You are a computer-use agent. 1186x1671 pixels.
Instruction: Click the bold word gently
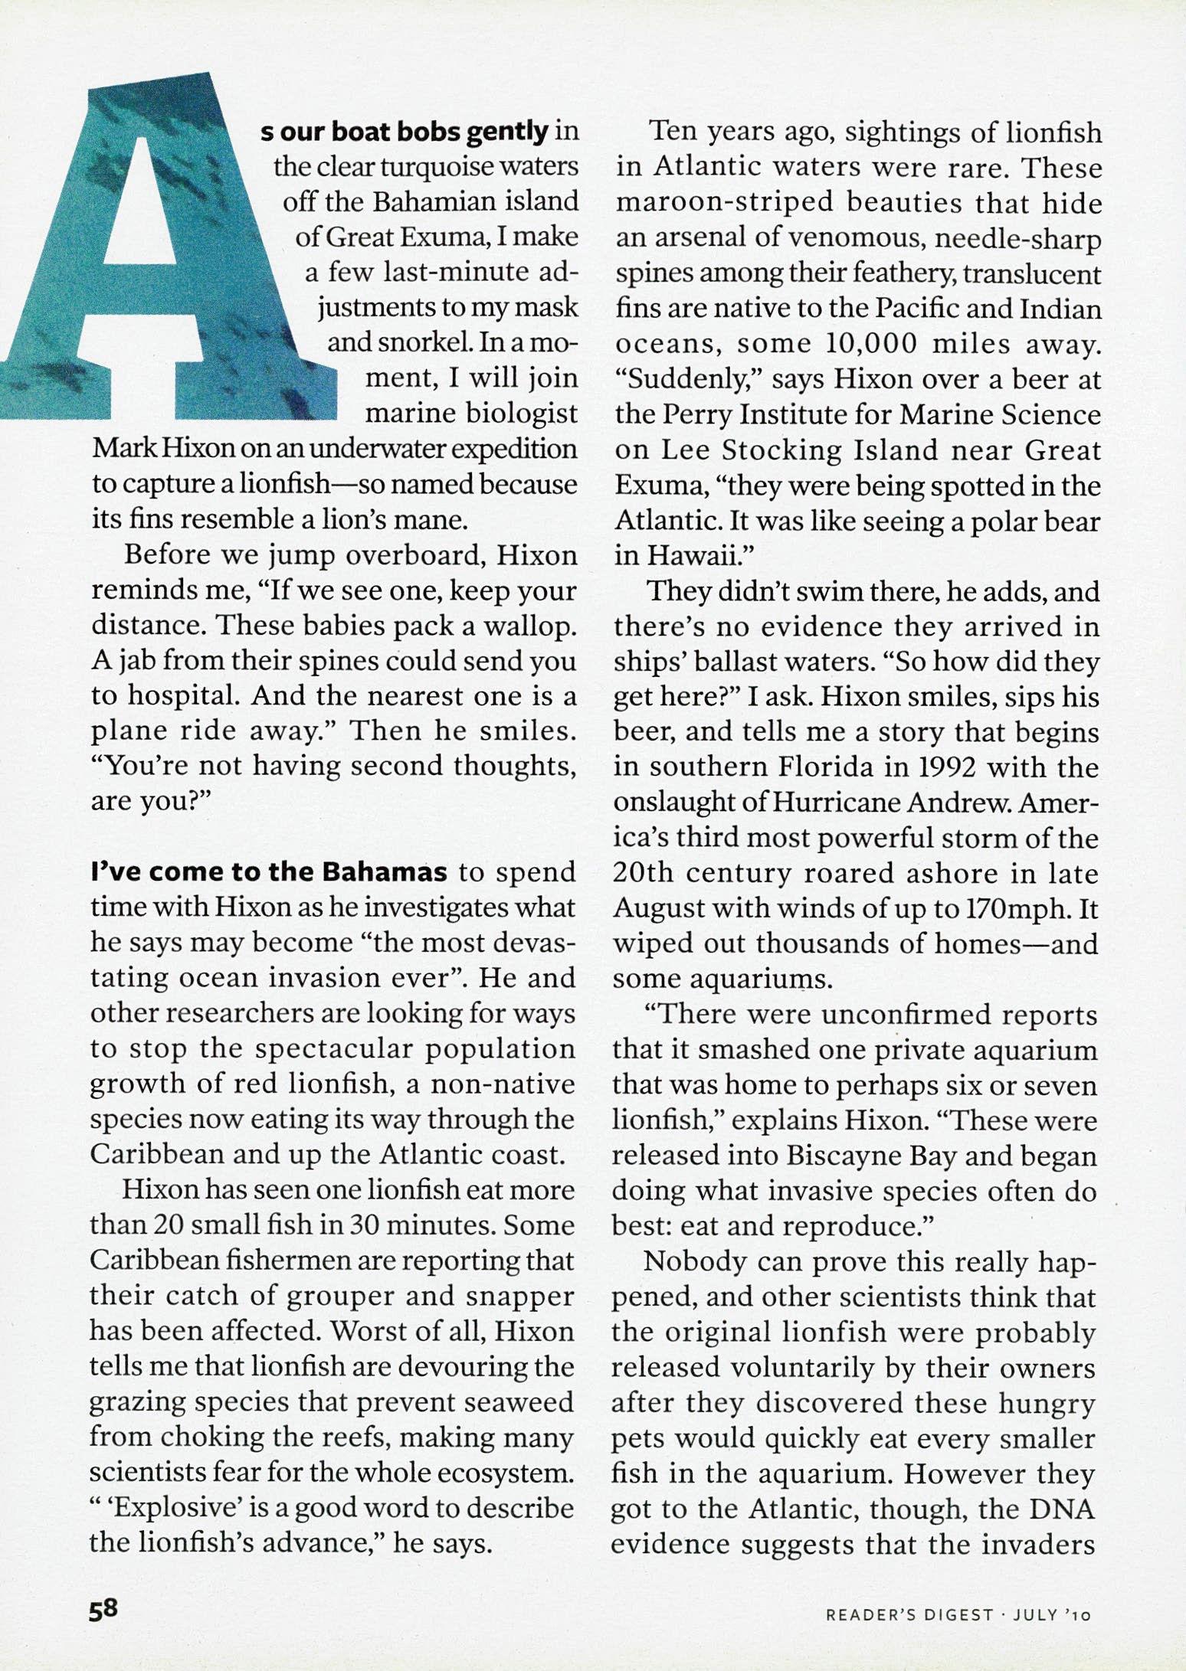[x=507, y=132]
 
